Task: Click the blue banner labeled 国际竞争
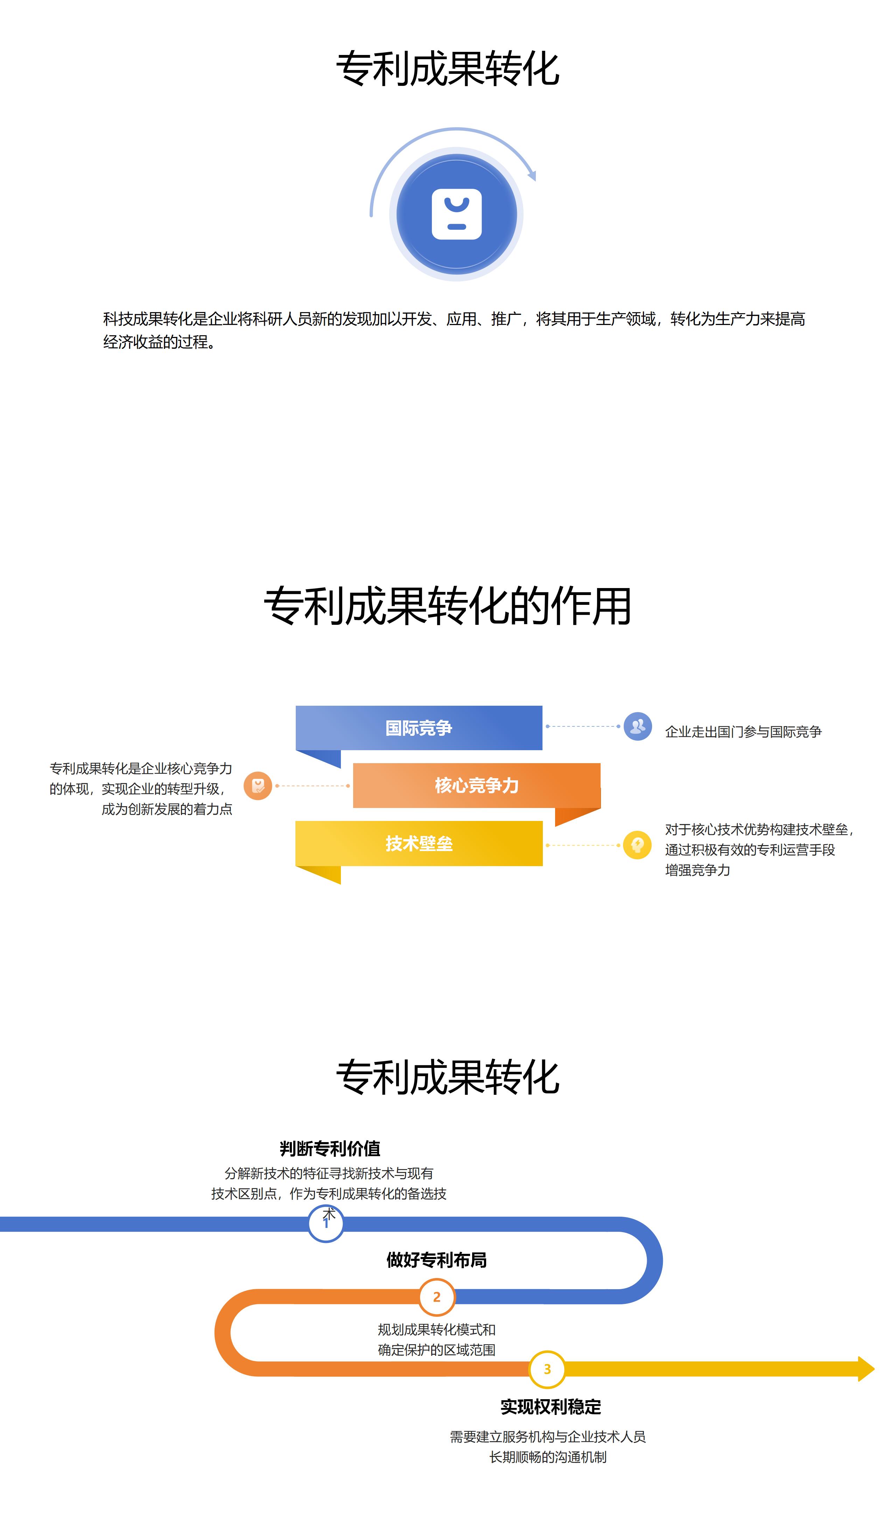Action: click(419, 728)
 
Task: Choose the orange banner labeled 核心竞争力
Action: click(477, 785)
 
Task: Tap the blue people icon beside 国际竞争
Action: click(638, 727)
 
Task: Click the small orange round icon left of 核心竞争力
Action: click(258, 786)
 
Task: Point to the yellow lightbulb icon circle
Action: click(638, 845)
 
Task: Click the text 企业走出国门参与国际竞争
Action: click(743, 732)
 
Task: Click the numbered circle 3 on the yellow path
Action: click(547, 1369)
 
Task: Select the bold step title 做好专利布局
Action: click(436, 1260)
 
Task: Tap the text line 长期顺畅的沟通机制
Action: click(548, 1457)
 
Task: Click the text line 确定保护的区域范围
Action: click(436, 1350)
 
